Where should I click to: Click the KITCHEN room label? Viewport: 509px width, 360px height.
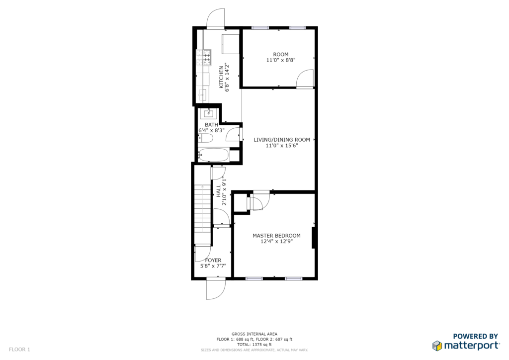[221, 77]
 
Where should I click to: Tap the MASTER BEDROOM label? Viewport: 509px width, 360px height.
[276, 236]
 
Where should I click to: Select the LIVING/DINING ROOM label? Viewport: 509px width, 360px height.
[282, 140]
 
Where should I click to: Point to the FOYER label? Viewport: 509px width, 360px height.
[213, 261]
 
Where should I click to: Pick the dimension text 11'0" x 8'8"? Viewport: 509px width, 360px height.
[281, 60]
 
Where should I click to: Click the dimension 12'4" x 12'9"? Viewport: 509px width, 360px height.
[276, 242]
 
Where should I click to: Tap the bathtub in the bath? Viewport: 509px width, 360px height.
[213, 155]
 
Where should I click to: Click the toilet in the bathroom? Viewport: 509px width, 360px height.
[205, 139]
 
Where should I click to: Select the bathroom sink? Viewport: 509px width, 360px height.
[208, 113]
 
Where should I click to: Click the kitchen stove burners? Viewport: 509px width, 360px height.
[207, 58]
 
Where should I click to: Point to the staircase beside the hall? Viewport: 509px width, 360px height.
[203, 214]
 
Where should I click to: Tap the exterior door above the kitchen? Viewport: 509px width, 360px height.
[216, 18]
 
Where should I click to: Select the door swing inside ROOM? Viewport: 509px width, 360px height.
[305, 78]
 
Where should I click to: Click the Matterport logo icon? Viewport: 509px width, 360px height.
[437, 346]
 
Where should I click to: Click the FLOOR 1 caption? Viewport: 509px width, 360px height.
[19, 350]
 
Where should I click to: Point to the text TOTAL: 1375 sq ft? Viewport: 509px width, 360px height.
[254, 345]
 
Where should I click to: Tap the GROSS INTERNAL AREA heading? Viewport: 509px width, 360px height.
[254, 334]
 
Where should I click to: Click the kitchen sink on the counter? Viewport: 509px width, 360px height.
[203, 95]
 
